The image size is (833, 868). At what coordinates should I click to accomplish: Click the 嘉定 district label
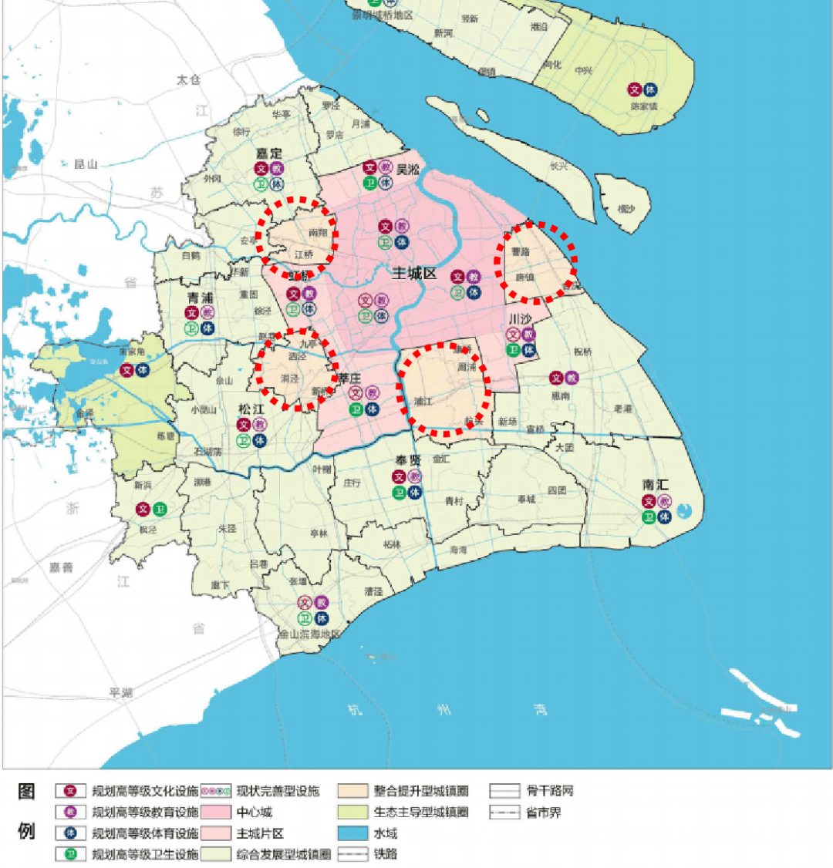[x=269, y=154]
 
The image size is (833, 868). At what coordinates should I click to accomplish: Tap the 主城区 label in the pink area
[x=414, y=274]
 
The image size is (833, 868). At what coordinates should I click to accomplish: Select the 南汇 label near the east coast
[x=656, y=485]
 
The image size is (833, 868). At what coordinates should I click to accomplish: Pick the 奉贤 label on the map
[x=407, y=460]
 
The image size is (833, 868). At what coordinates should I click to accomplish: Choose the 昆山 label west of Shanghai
[x=86, y=164]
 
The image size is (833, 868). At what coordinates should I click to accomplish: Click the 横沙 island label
[x=626, y=209]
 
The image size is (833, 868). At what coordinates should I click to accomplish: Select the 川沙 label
[x=520, y=318]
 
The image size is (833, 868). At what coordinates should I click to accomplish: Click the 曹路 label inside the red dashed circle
[x=521, y=252]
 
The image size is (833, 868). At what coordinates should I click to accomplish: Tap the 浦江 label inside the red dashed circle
[x=423, y=401]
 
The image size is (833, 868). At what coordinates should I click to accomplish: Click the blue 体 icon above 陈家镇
[x=651, y=89]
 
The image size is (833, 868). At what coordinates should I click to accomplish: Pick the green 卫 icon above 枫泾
[x=160, y=509]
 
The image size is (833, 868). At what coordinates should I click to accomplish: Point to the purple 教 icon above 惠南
[x=572, y=378]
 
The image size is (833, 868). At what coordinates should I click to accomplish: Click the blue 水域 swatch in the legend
[x=348, y=833]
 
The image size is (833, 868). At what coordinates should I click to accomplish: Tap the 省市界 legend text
[x=544, y=812]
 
